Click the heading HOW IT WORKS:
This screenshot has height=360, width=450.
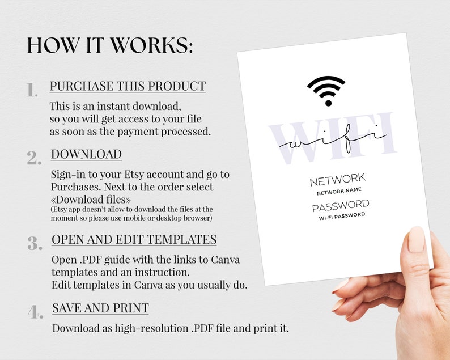point(109,45)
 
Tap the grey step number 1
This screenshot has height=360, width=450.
point(32,90)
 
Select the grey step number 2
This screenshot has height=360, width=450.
point(34,158)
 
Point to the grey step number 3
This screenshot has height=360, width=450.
point(35,243)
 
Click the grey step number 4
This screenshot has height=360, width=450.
point(35,311)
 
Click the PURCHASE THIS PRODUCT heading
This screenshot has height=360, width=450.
point(128,86)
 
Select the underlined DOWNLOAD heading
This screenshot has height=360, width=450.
point(86,154)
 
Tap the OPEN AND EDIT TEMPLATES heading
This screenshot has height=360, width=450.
point(134,239)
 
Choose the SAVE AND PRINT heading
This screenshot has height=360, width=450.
point(100,308)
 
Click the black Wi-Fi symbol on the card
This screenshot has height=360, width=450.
point(326,90)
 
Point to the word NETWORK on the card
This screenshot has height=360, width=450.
point(338,181)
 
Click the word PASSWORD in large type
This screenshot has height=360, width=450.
point(341,205)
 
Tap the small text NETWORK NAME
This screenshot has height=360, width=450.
point(339,192)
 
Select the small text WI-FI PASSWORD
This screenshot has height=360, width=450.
point(342,215)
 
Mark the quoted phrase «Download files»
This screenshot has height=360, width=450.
point(91,200)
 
